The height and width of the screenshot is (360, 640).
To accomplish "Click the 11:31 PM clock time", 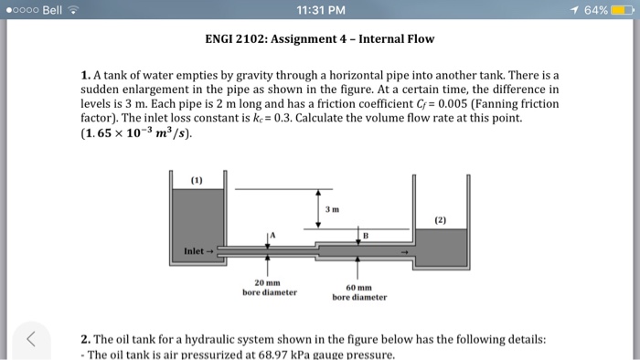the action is click(319, 10).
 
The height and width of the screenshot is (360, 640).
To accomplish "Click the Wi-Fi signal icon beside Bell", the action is click(73, 10).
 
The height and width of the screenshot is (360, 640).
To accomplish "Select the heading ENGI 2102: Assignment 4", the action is click(319, 39).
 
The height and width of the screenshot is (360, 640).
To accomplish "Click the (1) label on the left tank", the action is click(197, 179).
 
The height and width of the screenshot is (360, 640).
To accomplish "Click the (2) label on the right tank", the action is click(441, 220).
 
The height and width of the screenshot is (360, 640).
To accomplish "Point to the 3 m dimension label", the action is click(332, 210).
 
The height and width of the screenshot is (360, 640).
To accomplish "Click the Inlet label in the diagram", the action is click(196, 250).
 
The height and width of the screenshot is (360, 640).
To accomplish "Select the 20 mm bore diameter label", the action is click(269, 288).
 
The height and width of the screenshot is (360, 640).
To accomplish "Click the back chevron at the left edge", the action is click(30, 341).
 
